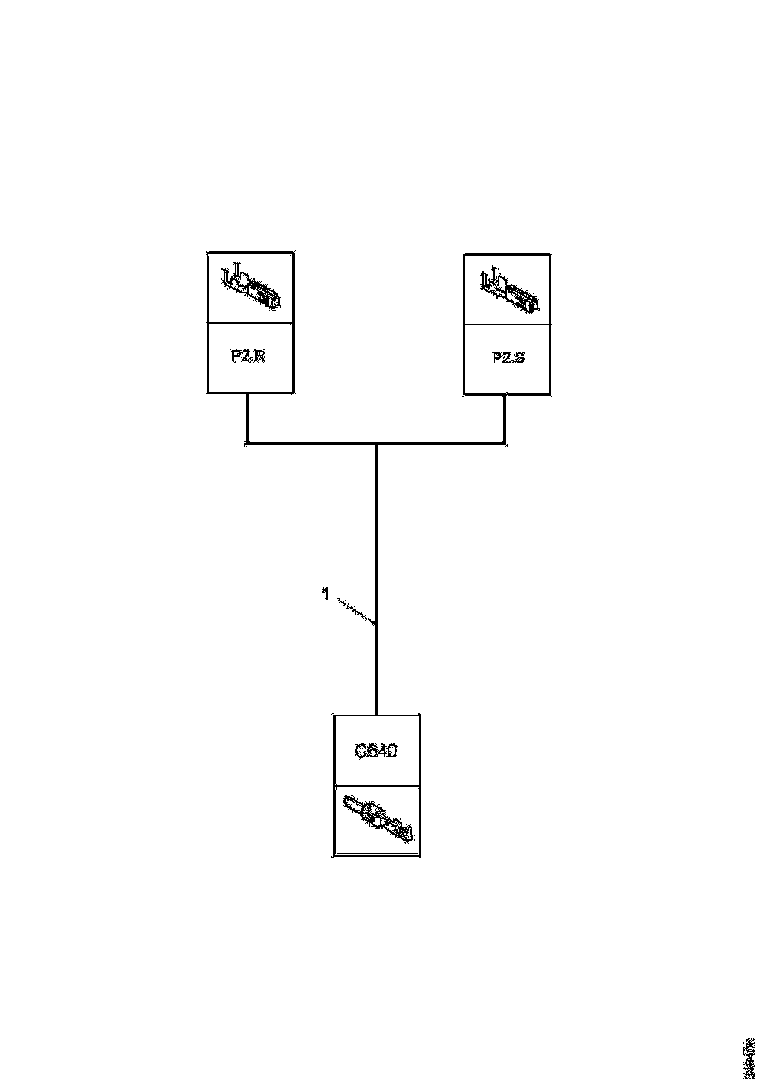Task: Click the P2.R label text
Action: coord(248,357)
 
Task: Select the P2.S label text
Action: coord(507,357)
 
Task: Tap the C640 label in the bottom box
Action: coord(377,751)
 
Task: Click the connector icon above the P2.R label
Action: coord(250,286)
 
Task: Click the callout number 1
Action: coord(325,594)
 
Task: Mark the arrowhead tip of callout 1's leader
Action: coord(375,623)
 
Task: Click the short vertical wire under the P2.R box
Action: coord(247,417)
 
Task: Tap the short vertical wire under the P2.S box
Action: coord(505,418)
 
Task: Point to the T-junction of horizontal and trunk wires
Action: coord(377,443)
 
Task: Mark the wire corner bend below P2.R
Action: coord(247,443)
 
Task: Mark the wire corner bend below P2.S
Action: coord(505,443)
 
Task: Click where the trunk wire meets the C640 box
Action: coord(377,713)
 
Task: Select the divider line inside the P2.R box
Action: coord(250,322)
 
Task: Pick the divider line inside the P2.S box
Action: coord(507,323)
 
